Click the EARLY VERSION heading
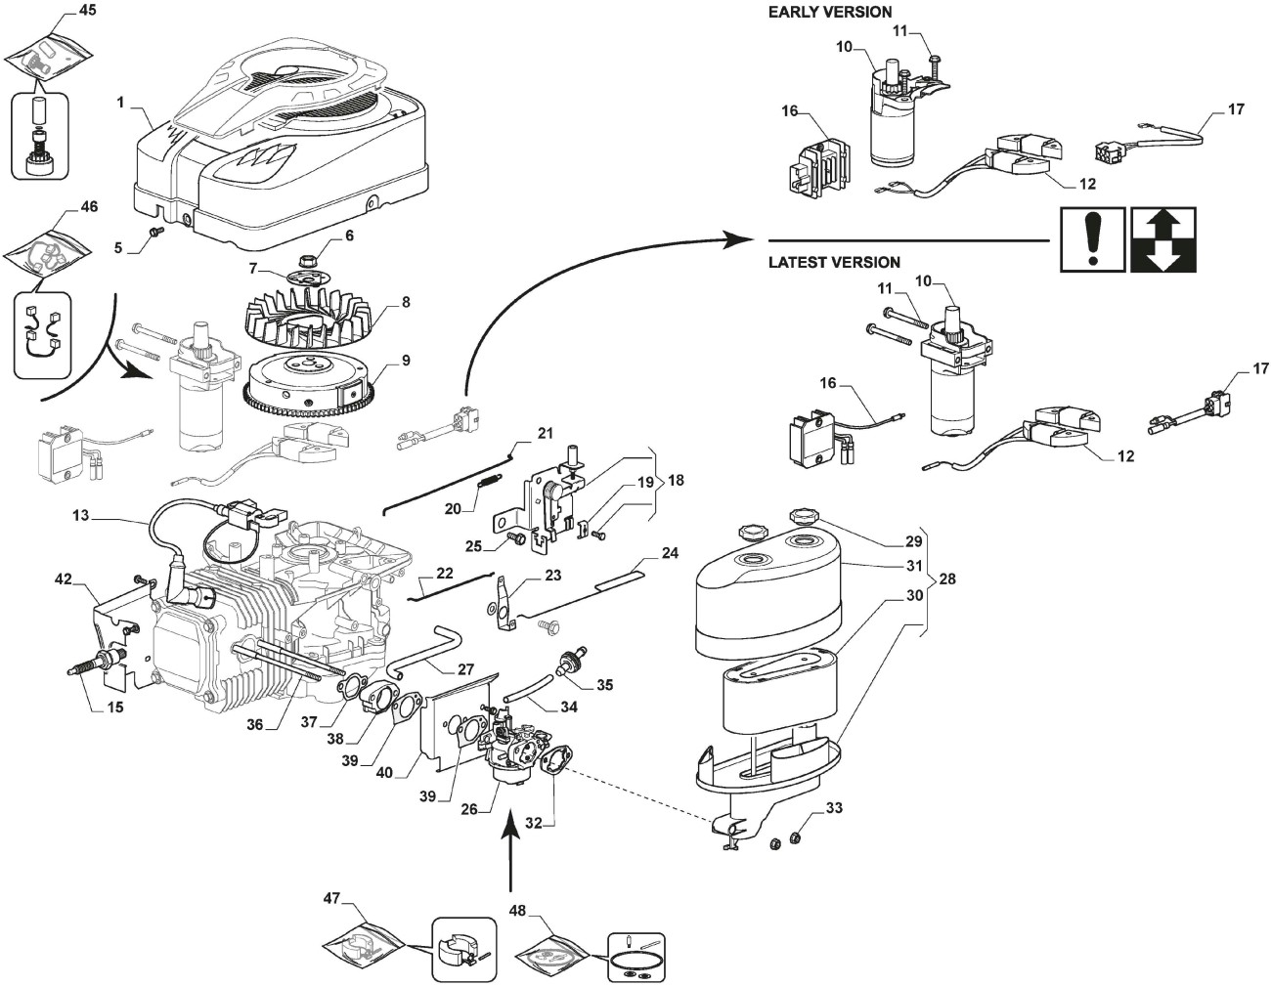point(829,12)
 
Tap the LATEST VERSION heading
point(833,262)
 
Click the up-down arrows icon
point(1162,238)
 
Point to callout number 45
point(87,12)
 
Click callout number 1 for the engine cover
point(120,102)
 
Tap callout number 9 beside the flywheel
point(405,361)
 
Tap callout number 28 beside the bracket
point(946,579)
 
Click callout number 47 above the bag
point(331,896)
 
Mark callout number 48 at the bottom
point(517,910)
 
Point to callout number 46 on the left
point(88,207)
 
